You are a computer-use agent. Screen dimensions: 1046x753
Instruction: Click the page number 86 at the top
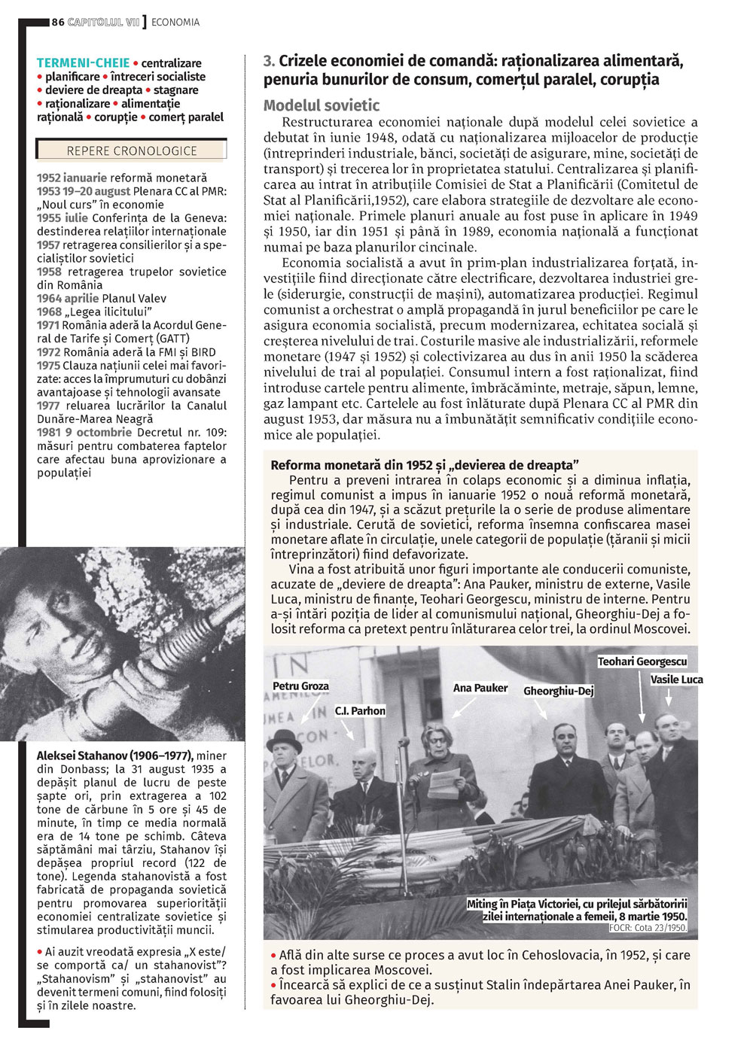tap(58, 23)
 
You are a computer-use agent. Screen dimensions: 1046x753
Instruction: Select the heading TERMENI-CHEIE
tap(83, 63)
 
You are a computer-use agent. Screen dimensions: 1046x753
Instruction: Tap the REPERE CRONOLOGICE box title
tap(132, 151)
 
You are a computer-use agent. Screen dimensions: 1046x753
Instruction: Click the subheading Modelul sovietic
tap(322, 105)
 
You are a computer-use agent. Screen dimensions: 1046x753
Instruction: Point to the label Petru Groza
tap(300, 686)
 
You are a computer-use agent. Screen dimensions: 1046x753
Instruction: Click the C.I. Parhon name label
tap(360, 711)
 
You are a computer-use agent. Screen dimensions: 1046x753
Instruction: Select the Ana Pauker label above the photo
tap(480, 688)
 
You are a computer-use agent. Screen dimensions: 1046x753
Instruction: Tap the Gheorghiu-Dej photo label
tap(559, 691)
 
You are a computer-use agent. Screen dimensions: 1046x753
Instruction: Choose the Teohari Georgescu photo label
tap(642, 661)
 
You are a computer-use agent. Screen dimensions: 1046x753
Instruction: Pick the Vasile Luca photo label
tap(676, 680)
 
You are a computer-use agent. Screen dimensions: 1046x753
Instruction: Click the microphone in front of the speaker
tap(404, 743)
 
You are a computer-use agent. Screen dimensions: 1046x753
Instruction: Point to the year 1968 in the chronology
tap(50, 312)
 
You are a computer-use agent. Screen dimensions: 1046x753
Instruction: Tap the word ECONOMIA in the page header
tap(175, 23)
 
